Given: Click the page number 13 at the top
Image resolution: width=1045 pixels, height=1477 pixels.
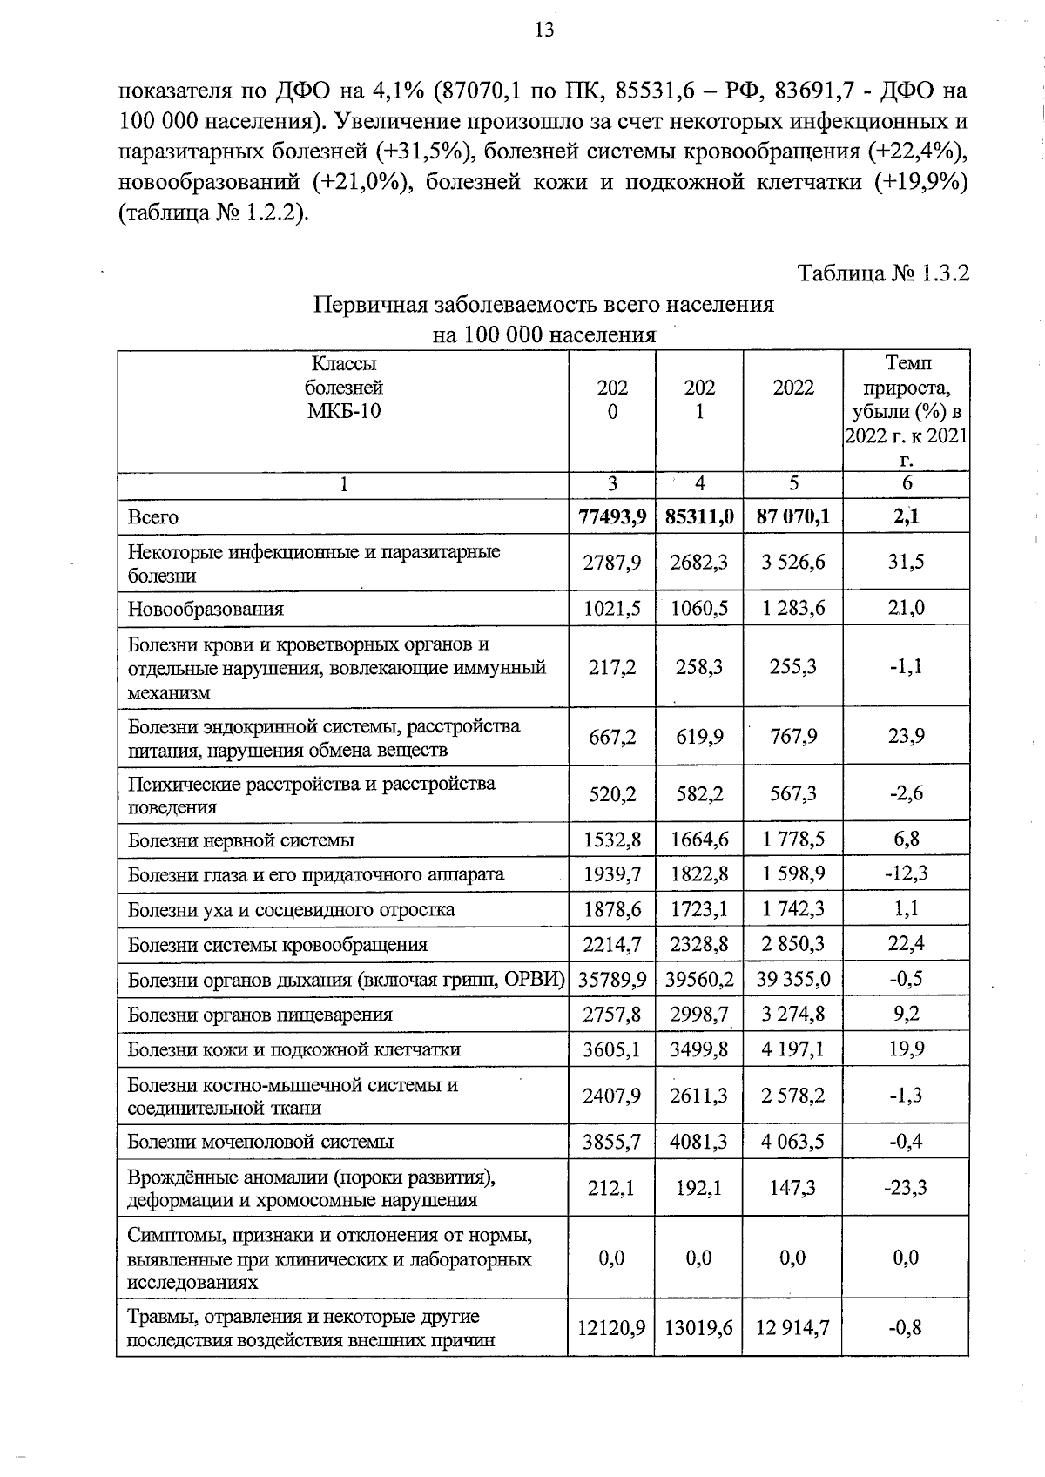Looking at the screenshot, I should point(543,30).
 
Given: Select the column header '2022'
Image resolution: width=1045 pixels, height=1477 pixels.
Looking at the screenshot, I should point(792,388).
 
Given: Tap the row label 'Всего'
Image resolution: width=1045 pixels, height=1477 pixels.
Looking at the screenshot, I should point(153,517).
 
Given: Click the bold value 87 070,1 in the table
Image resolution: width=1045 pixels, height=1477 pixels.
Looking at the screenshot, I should point(792,517).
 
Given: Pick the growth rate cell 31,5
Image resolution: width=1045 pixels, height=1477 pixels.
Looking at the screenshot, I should point(906,562).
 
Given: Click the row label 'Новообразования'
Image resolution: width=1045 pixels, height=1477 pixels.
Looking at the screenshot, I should point(206,609).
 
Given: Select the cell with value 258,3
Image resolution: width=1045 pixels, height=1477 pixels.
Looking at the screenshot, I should point(699,667).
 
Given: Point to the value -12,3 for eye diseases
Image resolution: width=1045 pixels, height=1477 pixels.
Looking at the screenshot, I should point(906,873).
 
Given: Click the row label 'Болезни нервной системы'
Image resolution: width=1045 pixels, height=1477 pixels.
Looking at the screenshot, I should point(241,841).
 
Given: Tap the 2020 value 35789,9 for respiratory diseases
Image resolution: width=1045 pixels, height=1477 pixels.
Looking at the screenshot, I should point(612,980).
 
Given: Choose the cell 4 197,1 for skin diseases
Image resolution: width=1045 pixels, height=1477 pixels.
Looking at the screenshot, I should point(792,1049).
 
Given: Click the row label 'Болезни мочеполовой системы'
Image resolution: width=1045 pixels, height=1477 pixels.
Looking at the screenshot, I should point(260,1142).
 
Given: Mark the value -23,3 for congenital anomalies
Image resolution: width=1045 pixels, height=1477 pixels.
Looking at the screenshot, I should point(906,1188).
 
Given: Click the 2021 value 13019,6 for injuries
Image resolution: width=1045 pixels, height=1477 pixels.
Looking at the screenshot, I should point(699,1328).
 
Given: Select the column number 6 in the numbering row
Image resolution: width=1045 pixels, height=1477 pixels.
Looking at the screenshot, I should point(907,484).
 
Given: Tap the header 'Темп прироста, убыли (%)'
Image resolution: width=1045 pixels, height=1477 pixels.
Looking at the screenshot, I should point(907,399).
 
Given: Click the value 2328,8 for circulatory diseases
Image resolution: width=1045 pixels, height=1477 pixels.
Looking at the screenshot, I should point(699,945).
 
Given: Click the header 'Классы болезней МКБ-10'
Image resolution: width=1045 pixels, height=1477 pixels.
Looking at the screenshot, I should point(344,387).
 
